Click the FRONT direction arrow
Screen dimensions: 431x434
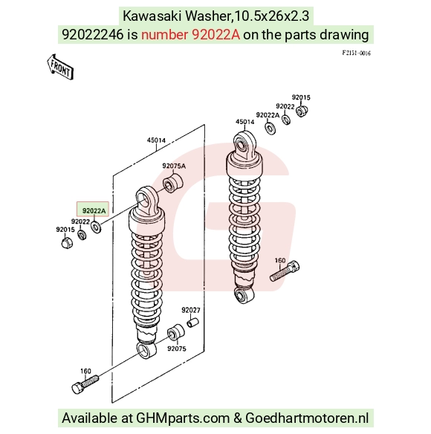tap(60, 68)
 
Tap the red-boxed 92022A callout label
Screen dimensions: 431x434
tap(94, 211)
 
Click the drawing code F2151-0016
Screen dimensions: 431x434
tap(356, 53)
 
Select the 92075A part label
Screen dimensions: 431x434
tap(174, 166)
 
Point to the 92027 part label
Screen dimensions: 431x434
tap(191, 310)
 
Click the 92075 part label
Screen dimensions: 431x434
tap(177, 349)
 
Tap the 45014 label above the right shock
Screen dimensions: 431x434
tap(244, 122)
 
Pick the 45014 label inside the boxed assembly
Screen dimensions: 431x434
tap(156, 140)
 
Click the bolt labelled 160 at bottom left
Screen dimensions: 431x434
tap(85, 384)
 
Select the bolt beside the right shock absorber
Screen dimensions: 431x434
tap(285, 271)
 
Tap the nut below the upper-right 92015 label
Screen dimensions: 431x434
tap(302, 111)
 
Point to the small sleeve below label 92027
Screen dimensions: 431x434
tap(192, 323)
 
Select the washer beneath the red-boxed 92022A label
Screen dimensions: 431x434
tap(96, 227)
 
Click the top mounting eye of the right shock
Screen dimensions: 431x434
tap(244, 145)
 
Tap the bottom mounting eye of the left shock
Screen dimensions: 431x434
tap(146, 350)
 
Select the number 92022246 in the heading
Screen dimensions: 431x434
tap(92, 35)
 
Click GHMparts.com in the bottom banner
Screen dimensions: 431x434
tap(183, 418)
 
